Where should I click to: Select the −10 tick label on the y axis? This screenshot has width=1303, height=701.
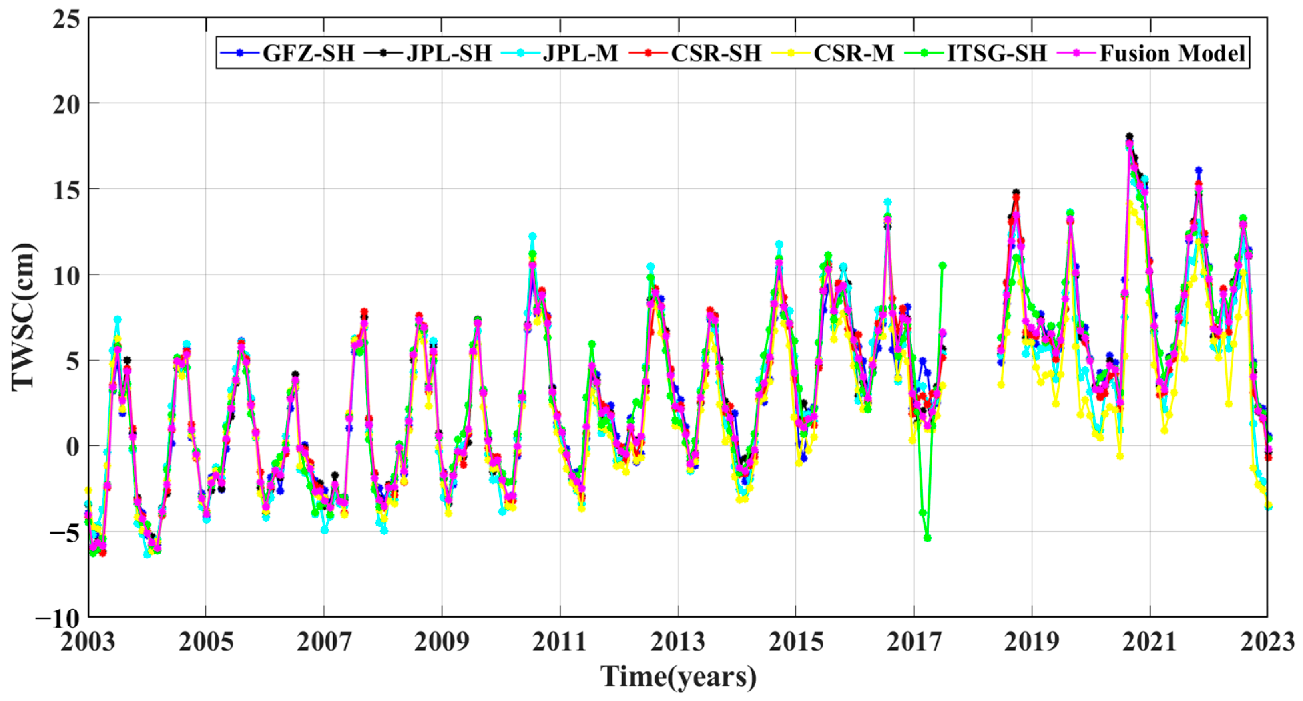[58, 618]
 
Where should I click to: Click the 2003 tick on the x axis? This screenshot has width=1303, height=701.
[88, 642]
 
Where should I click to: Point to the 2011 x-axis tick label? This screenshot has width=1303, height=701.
[560, 642]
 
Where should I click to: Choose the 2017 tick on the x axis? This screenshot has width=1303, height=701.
[914, 642]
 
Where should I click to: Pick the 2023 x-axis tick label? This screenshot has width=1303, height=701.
[1267, 642]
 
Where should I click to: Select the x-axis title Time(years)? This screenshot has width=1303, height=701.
[678, 676]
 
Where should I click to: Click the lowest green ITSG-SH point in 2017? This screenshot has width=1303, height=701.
[927, 538]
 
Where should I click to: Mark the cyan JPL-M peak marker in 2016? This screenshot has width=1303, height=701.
[887, 202]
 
